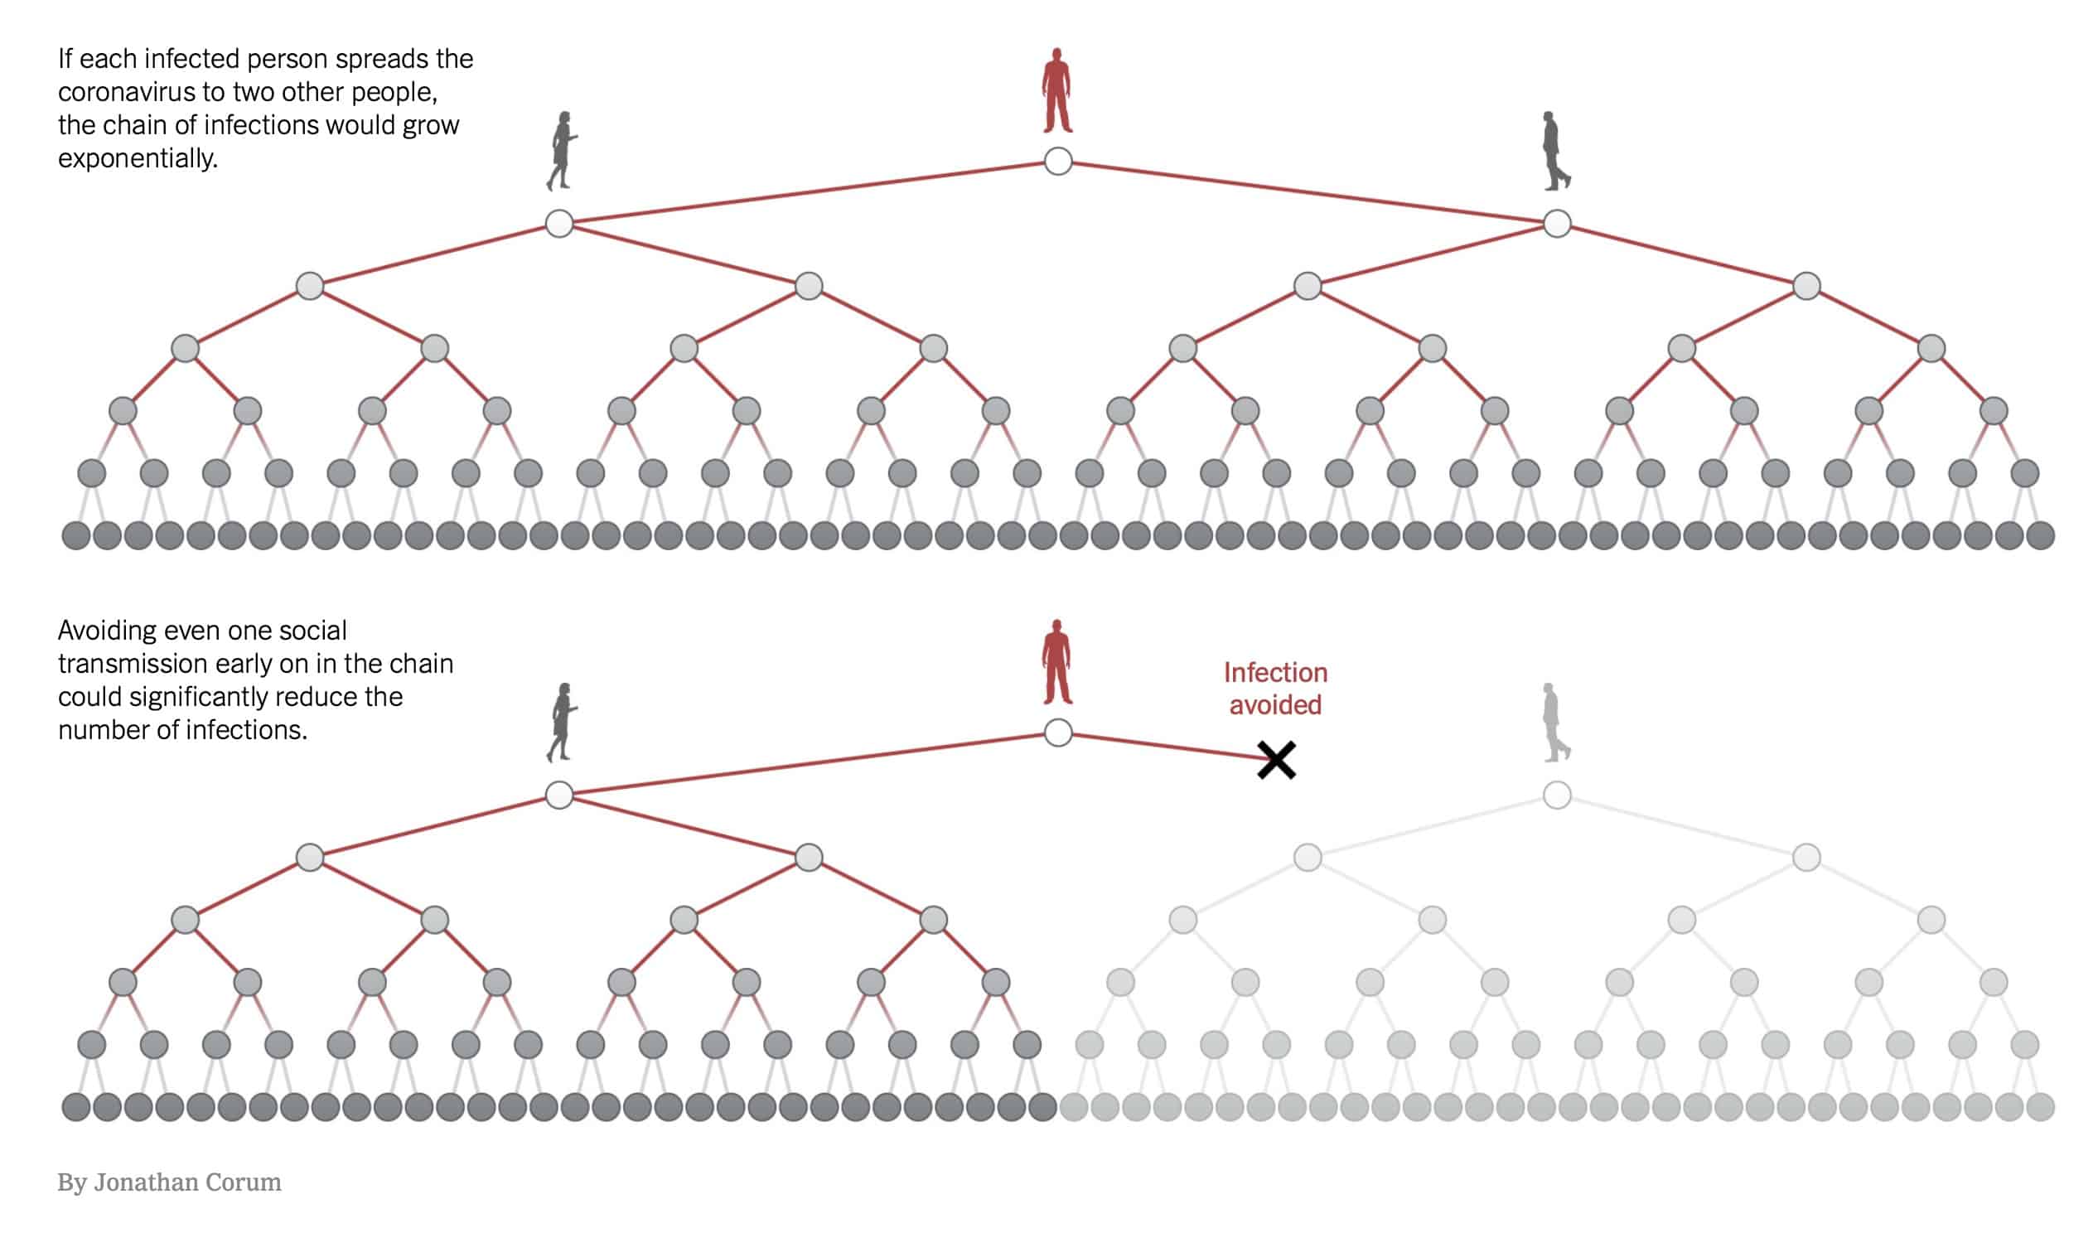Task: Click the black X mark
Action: (x=1275, y=759)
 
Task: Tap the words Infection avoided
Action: (x=1274, y=688)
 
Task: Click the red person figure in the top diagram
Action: (x=1056, y=91)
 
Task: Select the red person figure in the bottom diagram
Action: (x=1056, y=663)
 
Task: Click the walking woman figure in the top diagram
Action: (x=562, y=151)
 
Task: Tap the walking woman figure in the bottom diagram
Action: (x=562, y=723)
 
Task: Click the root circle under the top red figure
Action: (x=1057, y=162)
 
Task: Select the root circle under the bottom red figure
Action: (x=1057, y=733)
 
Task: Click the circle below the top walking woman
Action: (x=559, y=223)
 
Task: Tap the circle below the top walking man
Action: (x=1557, y=223)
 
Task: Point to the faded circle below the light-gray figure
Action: (x=1557, y=795)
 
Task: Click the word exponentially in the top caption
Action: (x=138, y=158)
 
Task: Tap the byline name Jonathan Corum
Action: (x=187, y=1182)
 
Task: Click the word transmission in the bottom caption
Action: (x=133, y=664)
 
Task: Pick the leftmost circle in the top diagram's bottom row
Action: (x=75, y=535)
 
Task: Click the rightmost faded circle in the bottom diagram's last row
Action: (x=2040, y=1107)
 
